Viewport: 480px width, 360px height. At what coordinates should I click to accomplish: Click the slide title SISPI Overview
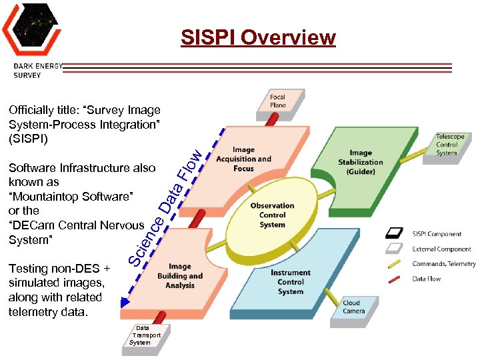(258, 37)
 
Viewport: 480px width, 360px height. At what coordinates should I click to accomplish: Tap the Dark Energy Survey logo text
(38, 70)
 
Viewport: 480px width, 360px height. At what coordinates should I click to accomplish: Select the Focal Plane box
(278, 101)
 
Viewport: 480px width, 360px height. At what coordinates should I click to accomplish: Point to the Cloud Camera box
(354, 307)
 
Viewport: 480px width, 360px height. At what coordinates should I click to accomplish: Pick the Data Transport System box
(145, 335)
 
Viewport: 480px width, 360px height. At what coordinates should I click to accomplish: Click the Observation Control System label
(272, 215)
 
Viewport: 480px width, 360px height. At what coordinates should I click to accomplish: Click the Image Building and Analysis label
(180, 276)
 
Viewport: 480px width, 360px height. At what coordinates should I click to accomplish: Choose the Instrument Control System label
(291, 282)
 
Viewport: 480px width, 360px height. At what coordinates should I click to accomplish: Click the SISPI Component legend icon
(395, 233)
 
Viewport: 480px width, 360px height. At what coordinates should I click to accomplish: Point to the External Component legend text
(441, 249)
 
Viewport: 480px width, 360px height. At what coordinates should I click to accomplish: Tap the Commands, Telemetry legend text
(444, 264)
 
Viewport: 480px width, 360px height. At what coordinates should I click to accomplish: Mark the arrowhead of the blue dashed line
(123, 303)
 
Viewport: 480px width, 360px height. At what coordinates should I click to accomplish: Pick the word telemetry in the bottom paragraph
(33, 311)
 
